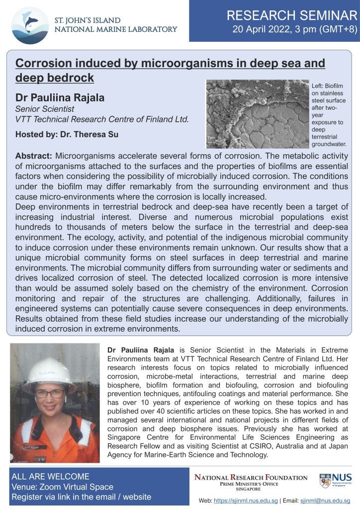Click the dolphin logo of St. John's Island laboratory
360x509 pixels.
(x=30, y=24)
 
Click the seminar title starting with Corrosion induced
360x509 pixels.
(x=170, y=71)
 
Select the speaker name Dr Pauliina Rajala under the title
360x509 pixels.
(x=60, y=97)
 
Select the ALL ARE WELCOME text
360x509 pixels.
(x=50, y=477)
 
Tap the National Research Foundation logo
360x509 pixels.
(x=251, y=481)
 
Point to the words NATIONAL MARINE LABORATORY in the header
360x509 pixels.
(x=115, y=29)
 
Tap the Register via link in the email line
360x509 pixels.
(x=81, y=497)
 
